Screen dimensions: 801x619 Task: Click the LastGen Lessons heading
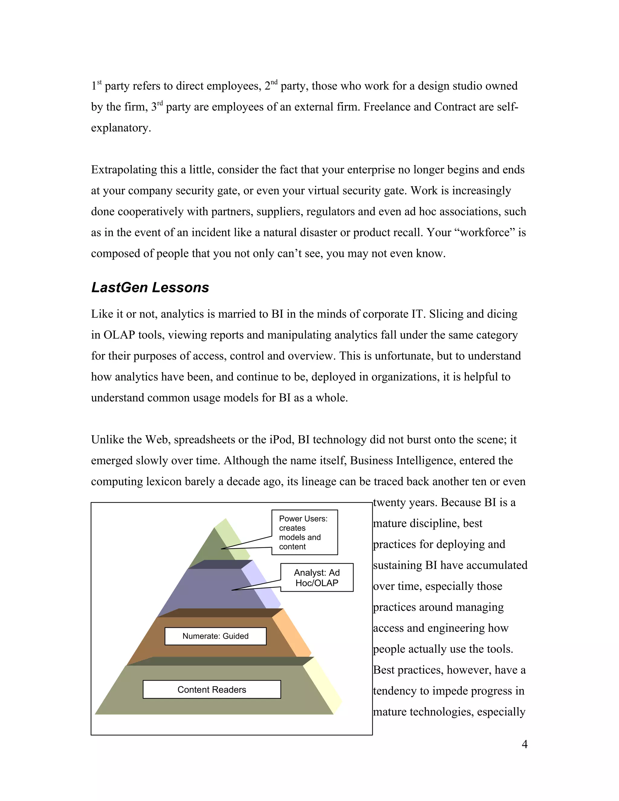(x=150, y=287)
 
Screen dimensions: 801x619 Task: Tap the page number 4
(x=524, y=744)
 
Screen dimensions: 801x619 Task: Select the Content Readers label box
(x=212, y=689)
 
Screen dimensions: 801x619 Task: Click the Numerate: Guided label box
(x=215, y=636)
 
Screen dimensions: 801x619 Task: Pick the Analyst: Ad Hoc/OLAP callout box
(x=317, y=578)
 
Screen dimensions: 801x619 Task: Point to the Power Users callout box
(x=304, y=532)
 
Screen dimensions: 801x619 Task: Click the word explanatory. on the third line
(x=121, y=128)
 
